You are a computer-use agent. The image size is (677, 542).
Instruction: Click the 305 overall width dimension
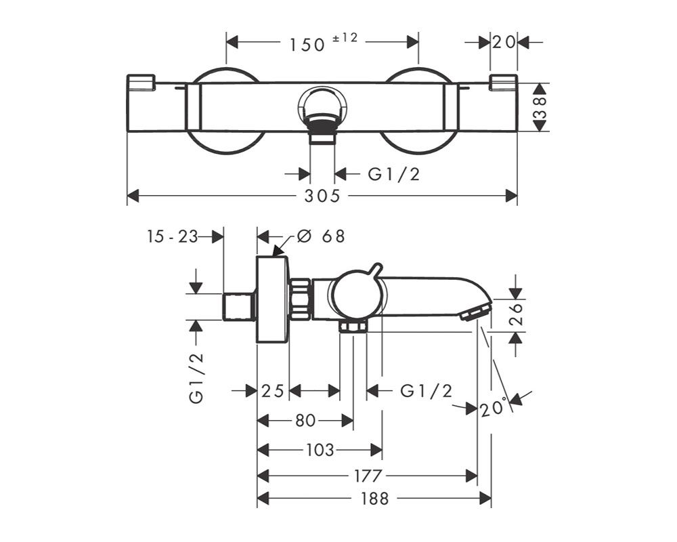pos(322,196)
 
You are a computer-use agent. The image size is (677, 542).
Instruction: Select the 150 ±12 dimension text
pos(324,43)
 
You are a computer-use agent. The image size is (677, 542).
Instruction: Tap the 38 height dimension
pos(540,108)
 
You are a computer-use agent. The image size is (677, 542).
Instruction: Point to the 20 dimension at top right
pos(504,43)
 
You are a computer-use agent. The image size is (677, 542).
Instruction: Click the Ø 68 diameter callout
pos(321,236)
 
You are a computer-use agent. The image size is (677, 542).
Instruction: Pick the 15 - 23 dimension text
pos(172,236)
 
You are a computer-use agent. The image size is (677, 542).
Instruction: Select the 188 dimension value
pos(374,499)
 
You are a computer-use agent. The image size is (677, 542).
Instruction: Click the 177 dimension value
pos(368,476)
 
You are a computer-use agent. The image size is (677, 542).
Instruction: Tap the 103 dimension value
pos(320,451)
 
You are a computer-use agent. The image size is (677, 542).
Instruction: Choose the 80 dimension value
pos(305,420)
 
